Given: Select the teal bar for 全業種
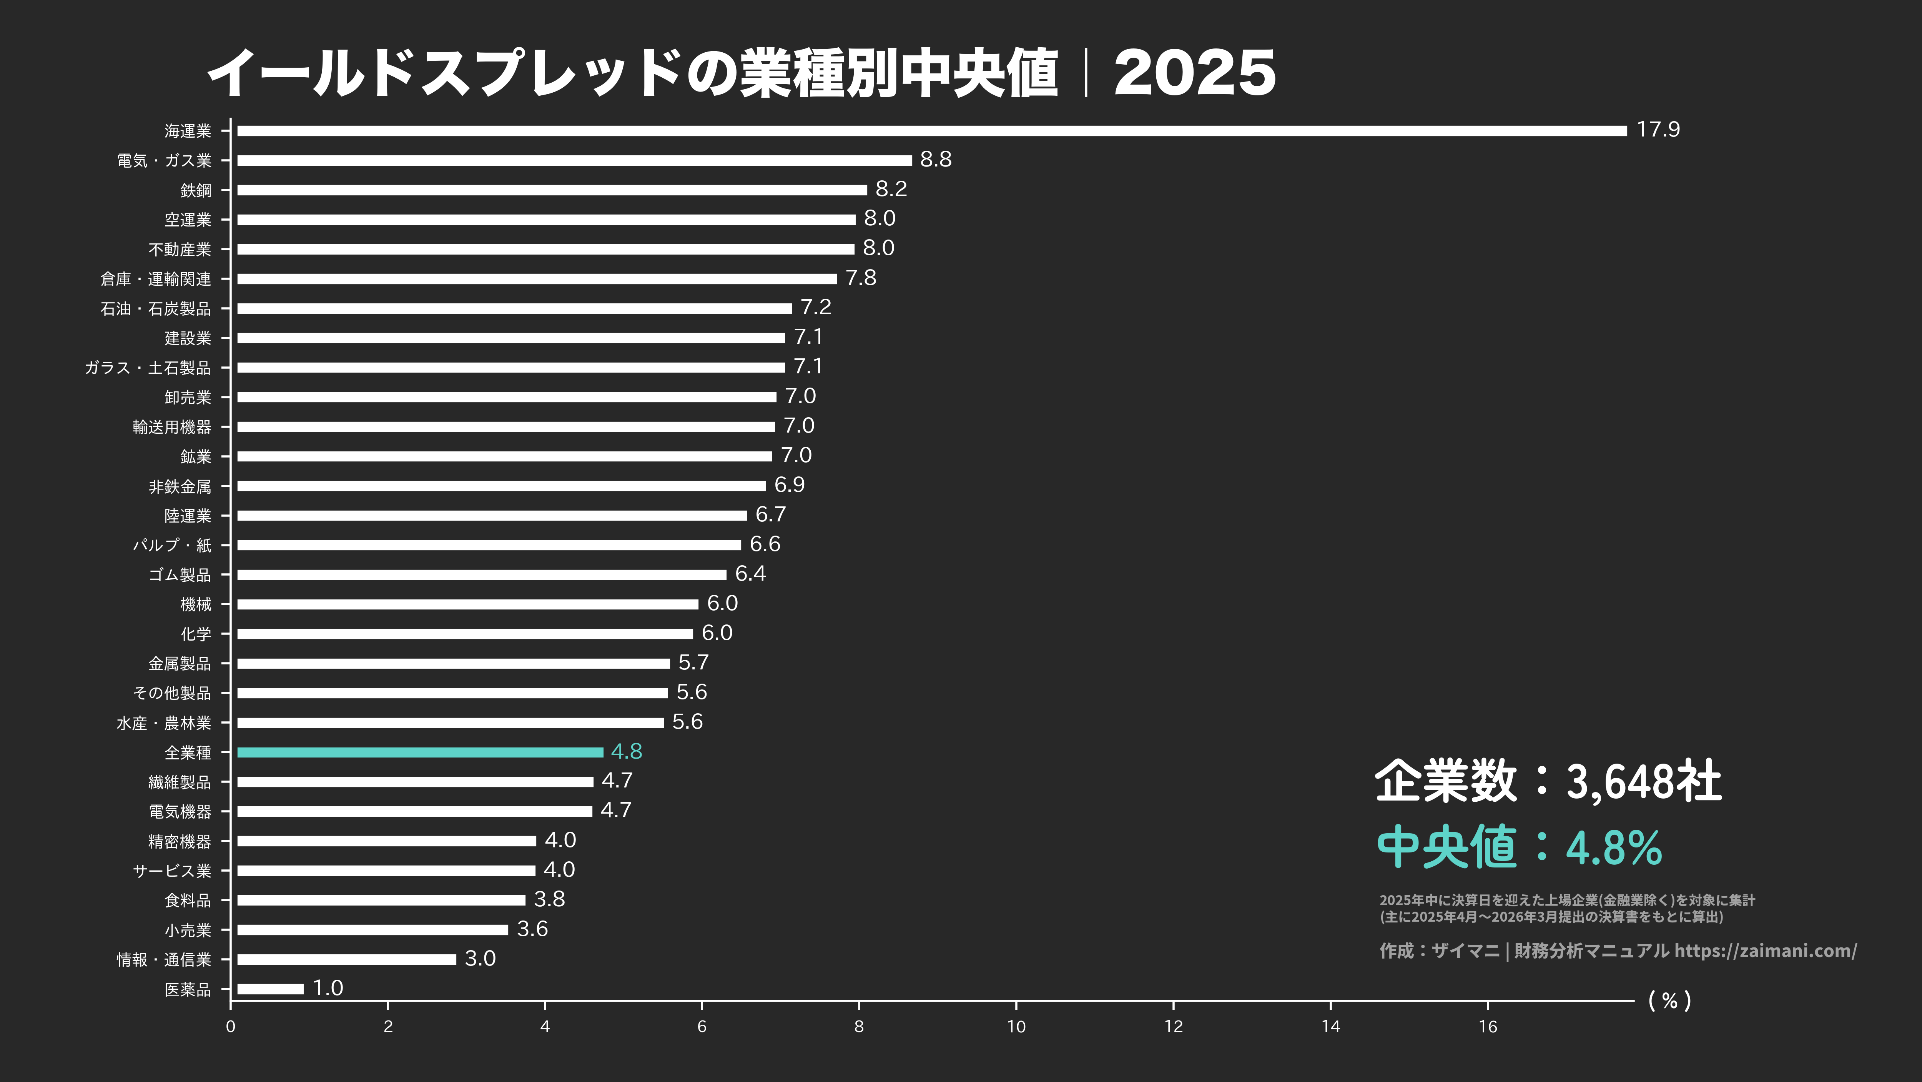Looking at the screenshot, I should (x=420, y=752).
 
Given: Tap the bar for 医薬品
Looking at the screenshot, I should (x=270, y=989).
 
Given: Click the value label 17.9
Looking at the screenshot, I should (x=1658, y=130).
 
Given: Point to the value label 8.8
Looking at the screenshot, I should (x=936, y=160).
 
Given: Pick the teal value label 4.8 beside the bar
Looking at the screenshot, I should (x=626, y=751).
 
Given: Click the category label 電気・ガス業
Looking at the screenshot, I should (x=164, y=160).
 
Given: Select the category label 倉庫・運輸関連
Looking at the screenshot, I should (x=156, y=279).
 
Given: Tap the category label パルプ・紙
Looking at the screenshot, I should (x=172, y=546).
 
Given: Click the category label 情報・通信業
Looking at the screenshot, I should (x=164, y=960).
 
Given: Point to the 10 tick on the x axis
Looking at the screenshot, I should (x=1016, y=1027).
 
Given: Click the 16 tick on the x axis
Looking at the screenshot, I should (x=1488, y=1027).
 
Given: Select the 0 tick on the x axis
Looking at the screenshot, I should (x=231, y=1027).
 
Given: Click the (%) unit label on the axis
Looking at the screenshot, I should (x=1669, y=1000).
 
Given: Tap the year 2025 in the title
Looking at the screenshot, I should (x=1194, y=73).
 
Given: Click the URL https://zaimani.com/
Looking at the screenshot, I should (x=1765, y=950).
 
